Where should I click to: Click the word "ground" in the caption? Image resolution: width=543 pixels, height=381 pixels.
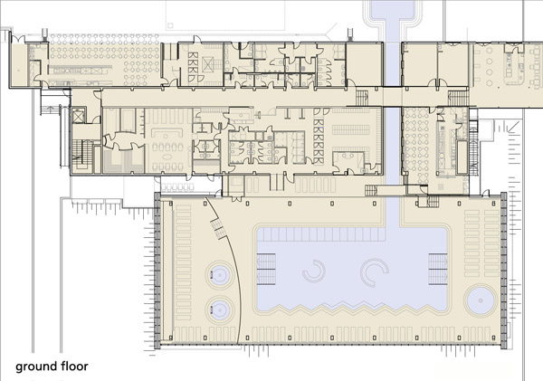point(36,367)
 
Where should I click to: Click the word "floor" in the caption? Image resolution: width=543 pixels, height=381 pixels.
point(74,366)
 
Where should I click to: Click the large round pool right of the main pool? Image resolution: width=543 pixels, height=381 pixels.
point(481,300)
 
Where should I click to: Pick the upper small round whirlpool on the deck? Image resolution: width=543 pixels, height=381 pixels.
point(219,276)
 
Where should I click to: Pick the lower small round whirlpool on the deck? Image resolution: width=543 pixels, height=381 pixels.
point(219,310)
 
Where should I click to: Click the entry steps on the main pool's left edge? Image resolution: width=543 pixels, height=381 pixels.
point(266,269)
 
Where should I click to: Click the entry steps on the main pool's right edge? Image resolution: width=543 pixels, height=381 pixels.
point(438,269)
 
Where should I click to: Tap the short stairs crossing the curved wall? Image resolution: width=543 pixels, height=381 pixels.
point(218,229)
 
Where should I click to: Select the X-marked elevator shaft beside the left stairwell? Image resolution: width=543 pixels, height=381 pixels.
point(79,116)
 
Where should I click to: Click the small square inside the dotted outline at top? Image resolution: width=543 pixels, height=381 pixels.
point(170,25)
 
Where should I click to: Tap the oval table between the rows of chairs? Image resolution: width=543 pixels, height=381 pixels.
point(167,157)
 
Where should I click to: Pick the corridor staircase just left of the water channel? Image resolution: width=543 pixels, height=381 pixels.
point(362,98)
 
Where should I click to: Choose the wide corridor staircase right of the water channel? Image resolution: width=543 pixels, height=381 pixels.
point(459,98)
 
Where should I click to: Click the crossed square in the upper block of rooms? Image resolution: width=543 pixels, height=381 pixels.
point(209,64)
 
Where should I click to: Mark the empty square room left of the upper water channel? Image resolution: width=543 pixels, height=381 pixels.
point(364,64)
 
